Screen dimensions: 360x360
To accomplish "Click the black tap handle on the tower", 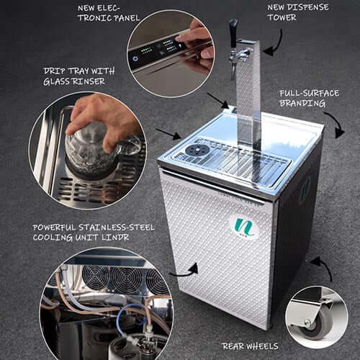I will pyautogui.click(x=233, y=32).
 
